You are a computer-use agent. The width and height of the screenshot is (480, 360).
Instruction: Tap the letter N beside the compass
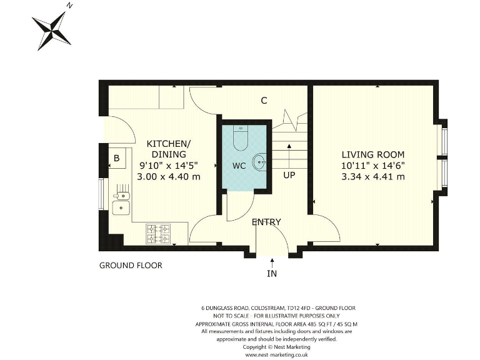pyautogui.click(x=70, y=6)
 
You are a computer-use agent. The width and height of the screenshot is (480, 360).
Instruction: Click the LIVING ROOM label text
pyautogui.click(x=372, y=154)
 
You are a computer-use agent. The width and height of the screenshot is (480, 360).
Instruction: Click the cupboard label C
pyautogui.click(x=264, y=101)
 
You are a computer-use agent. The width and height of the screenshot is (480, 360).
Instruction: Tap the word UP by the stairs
pyautogui.click(x=289, y=176)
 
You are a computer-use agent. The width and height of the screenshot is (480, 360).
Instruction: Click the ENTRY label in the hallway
pyautogui.click(x=266, y=222)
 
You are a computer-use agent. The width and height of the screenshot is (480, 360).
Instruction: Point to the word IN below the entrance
pyautogui.click(x=272, y=273)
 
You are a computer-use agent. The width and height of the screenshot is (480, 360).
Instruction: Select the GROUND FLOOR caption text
pyautogui.click(x=131, y=266)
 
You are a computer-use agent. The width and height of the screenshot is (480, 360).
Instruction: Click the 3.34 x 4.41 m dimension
pyautogui.click(x=372, y=177)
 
